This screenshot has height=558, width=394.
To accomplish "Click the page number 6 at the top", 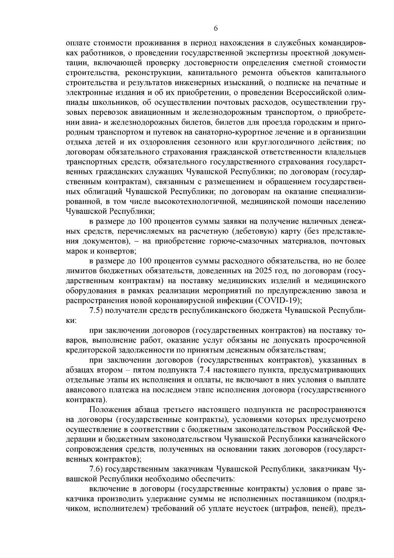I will coord(216,29).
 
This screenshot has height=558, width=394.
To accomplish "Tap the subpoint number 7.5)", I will coord(97,310).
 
